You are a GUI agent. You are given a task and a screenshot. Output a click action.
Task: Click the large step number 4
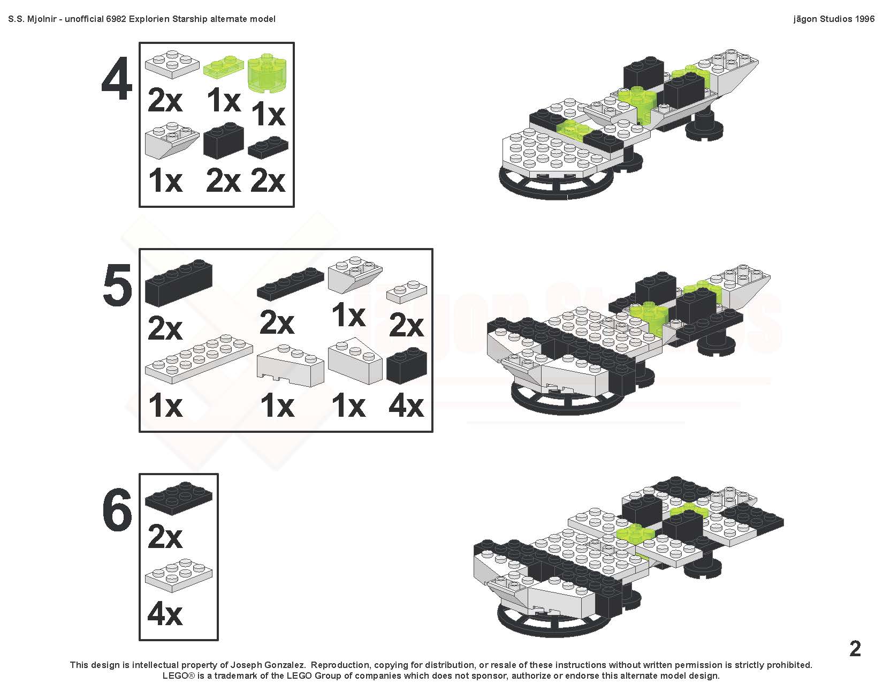(x=117, y=79)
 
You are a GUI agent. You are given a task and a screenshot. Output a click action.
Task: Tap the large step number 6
(x=117, y=510)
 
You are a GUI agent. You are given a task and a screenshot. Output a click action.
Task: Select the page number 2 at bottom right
(x=855, y=648)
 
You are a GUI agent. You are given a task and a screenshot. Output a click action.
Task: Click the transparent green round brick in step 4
(x=267, y=72)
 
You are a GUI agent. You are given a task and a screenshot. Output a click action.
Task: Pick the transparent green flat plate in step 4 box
(x=224, y=66)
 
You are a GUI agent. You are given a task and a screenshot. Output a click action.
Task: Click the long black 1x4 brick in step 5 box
(x=179, y=282)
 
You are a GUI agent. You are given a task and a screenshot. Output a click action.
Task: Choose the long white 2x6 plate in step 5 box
(x=199, y=358)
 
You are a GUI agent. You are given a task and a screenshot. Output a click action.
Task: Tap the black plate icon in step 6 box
(x=178, y=499)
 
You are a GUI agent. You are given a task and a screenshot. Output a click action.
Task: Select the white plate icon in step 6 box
(x=178, y=575)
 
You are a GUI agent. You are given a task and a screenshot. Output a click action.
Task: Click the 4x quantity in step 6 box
(x=165, y=614)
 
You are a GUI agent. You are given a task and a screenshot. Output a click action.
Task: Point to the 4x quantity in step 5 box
(x=406, y=406)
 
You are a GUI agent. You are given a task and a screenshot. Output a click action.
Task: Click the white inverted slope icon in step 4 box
(x=172, y=140)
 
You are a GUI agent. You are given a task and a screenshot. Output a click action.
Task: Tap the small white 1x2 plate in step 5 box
(x=406, y=291)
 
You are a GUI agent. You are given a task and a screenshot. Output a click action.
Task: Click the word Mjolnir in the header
(x=42, y=19)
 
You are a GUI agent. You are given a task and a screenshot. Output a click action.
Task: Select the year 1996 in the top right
(x=863, y=19)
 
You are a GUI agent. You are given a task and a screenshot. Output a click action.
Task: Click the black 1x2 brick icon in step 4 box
(x=224, y=141)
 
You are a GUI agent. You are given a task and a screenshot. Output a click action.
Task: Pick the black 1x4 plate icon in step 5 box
(x=291, y=283)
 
